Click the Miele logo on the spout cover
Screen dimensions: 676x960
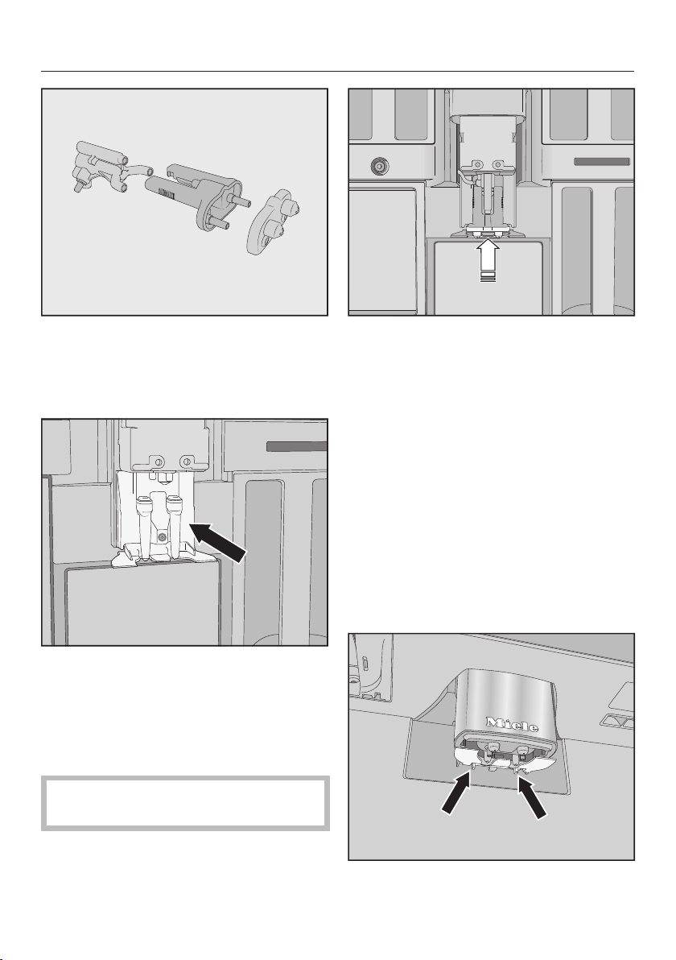[x=513, y=724]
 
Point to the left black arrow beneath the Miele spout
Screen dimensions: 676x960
[x=455, y=793]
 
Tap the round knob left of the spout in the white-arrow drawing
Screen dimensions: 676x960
[x=379, y=165]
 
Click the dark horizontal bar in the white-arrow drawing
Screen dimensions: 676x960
[x=602, y=162]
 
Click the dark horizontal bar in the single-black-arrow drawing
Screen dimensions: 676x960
[x=297, y=446]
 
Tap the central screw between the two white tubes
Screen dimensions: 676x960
[x=162, y=537]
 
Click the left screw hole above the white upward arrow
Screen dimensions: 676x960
[x=479, y=164]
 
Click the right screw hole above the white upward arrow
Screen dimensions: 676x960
[x=498, y=164]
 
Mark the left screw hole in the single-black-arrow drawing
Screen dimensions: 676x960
[x=158, y=461]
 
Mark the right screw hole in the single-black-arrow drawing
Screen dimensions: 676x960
[x=183, y=461]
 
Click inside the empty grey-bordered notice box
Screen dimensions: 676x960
[x=185, y=803]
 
